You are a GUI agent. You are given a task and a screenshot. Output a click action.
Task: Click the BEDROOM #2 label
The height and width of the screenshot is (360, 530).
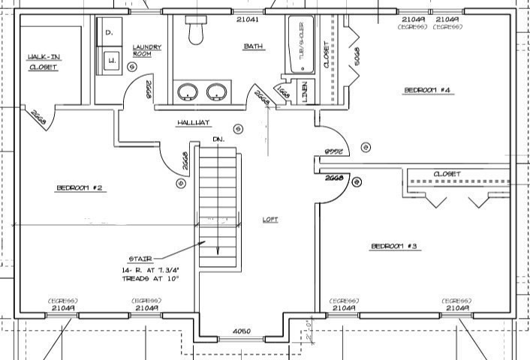(79, 187)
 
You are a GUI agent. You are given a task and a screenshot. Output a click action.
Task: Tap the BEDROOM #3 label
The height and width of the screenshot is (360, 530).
(394, 246)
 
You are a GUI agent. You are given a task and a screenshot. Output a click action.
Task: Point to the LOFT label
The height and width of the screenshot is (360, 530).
(270, 220)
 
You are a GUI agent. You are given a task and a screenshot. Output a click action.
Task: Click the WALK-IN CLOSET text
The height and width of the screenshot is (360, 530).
(44, 61)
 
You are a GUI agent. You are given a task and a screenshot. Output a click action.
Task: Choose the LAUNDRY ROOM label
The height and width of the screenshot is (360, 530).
(146, 50)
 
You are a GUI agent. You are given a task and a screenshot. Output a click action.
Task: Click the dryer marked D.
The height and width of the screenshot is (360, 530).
(110, 33)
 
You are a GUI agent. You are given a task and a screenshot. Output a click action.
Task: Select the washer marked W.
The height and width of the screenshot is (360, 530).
(110, 60)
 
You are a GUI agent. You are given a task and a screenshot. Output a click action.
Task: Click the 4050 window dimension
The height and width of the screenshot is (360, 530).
(240, 331)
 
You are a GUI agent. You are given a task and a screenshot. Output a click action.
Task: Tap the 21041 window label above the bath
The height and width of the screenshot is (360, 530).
(248, 19)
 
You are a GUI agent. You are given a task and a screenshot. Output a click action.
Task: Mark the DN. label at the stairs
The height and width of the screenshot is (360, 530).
(218, 139)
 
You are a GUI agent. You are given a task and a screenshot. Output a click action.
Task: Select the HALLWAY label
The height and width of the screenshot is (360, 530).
(193, 122)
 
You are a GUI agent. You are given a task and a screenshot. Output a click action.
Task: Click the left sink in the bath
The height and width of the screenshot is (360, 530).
(187, 92)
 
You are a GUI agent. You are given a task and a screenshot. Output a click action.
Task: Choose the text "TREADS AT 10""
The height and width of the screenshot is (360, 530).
(150, 278)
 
